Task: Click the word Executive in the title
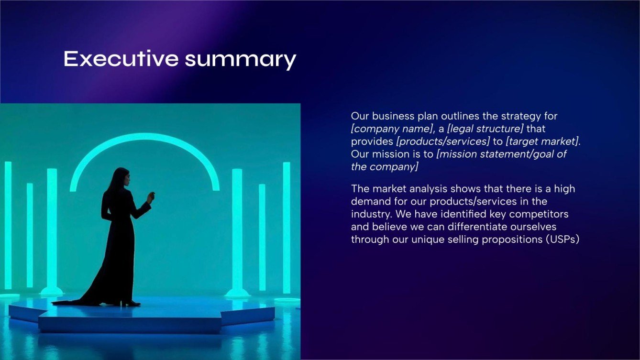point(121,59)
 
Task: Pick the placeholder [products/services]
point(442,142)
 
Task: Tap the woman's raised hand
point(151,196)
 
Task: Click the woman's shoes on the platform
point(130,303)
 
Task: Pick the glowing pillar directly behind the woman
point(52,229)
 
